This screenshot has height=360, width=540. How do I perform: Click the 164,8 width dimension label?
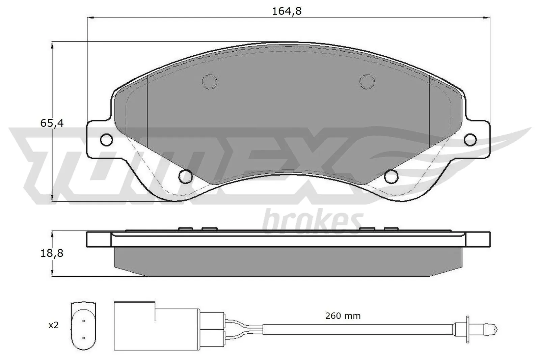[286, 11]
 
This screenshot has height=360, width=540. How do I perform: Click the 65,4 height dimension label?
[52, 123]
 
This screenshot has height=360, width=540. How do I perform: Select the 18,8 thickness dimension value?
[52, 253]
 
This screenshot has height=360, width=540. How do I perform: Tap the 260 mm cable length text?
[343, 316]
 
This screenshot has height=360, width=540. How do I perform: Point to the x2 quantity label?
[53, 325]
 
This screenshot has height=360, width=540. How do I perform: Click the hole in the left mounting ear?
[107, 139]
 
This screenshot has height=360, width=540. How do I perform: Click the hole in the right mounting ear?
[470, 139]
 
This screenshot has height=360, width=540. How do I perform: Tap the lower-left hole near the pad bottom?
[185, 175]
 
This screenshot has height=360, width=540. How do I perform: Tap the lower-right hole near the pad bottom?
[391, 175]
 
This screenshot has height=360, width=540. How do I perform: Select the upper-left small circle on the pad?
[209, 81]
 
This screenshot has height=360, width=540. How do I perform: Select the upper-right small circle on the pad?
[367, 81]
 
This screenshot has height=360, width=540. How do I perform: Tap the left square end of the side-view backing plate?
[99, 239]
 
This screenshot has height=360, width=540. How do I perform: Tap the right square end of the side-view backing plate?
[478, 239]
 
